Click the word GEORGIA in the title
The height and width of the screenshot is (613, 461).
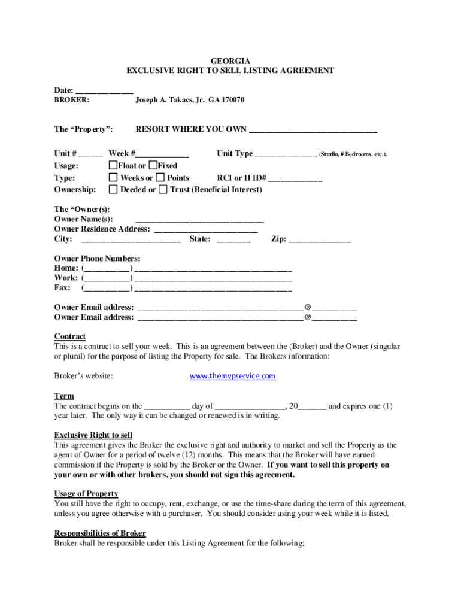[230, 61]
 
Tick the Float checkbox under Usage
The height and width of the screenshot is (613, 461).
[113, 165]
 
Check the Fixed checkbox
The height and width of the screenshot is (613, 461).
[153, 165]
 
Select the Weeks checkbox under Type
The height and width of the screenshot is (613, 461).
[113, 177]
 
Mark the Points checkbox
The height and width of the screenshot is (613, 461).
[160, 177]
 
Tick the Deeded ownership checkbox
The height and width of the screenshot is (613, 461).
[113, 189]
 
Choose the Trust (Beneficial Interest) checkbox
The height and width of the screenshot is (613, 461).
[163, 189]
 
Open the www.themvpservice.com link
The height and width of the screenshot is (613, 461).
[232, 376]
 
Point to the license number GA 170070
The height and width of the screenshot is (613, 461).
[226, 100]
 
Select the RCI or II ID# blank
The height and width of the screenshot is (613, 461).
[295, 178]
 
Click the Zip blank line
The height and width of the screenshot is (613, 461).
[319, 240]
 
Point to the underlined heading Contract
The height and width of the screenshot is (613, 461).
[70, 336]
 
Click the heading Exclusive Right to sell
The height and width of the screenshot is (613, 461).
[93, 435]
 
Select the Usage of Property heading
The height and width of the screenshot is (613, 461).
[86, 494]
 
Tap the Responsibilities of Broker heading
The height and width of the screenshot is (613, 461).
[100, 533]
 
